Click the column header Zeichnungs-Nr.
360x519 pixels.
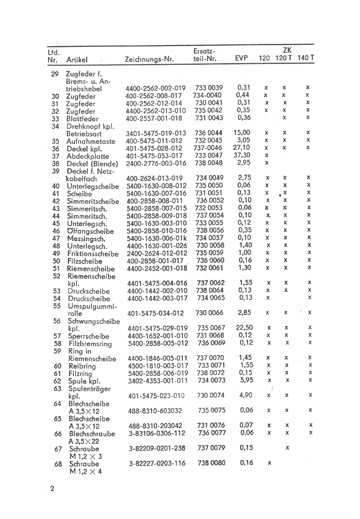pyautogui.click(x=149, y=60)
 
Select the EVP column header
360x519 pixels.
pyautogui.click(x=241, y=59)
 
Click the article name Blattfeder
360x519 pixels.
pyautogui.click(x=83, y=119)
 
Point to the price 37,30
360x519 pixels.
pyautogui.click(x=241, y=155)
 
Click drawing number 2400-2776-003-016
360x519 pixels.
pyautogui.click(x=156, y=163)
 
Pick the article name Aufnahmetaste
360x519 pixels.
pyautogui.click(x=91, y=142)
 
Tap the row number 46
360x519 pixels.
pyautogui.click(x=56, y=231)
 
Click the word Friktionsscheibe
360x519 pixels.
pyautogui.click(x=93, y=254)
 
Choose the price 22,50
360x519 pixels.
pyautogui.click(x=244, y=328)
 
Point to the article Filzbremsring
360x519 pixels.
pyautogui.click(x=90, y=344)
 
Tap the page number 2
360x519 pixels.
pyautogui.click(x=52, y=488)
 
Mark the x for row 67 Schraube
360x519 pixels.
pyautogui.click(x=287, y=448)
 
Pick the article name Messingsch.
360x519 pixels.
pyautogui.click(x=86, y=239)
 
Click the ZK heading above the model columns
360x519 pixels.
pyautogui.click(x=287, y=50)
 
